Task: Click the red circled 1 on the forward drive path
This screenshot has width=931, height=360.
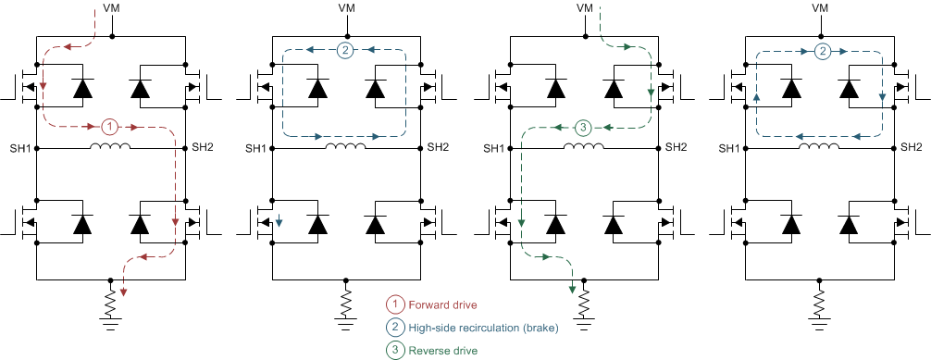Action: click(x=109, y=126)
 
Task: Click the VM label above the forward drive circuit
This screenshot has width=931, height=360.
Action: click(x=112, y=8)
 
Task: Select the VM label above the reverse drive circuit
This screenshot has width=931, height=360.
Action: click(x=584, y=8)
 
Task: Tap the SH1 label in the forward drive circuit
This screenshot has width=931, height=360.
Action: click(x=20, y=148)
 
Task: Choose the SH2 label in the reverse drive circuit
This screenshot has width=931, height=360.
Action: click(x=676, y=148)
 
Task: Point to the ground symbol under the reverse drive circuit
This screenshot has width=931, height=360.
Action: click(x=584, y=323)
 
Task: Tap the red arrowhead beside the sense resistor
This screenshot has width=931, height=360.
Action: click(x=124, y=292)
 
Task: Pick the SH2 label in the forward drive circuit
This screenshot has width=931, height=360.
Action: click(x=203, y=148)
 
